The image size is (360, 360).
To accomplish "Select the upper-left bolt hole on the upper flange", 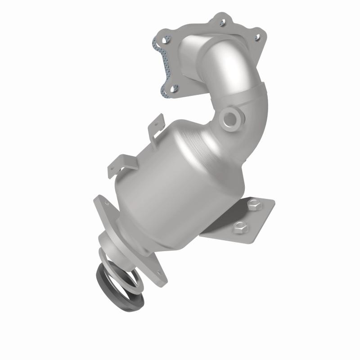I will point(165,40).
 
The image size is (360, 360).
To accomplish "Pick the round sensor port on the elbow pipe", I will point(231,118).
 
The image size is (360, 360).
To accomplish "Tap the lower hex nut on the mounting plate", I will point(238,227).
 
